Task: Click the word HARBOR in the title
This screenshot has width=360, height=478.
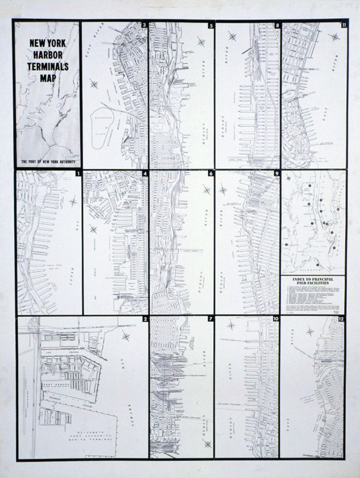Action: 48,57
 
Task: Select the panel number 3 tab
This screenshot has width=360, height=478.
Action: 144,26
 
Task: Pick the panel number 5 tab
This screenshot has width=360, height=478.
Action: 211,26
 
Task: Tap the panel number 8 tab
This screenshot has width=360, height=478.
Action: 277,26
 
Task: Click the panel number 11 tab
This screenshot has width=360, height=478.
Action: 344,26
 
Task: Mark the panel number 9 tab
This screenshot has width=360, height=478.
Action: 276,173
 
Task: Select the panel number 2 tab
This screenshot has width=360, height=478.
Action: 145,319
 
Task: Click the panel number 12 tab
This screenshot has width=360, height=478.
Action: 342,319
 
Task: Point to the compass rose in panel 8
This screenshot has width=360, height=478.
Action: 232,36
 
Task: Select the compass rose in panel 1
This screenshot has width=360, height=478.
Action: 73,201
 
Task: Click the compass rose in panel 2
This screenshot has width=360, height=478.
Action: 126,336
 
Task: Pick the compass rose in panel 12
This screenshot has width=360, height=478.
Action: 311,331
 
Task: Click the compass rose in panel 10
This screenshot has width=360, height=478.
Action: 231,325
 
